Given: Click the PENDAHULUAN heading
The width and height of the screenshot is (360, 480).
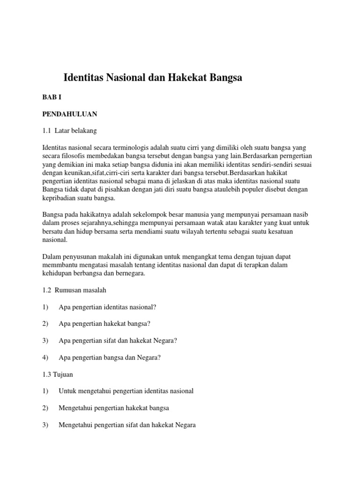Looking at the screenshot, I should [x=69, y=113].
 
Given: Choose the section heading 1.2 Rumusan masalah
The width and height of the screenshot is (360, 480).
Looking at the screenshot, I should [x=75, y=290].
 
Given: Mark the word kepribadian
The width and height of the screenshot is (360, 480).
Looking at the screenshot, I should [x=61, y=198].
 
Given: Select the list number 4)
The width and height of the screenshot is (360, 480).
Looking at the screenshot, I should [x=45, y=358].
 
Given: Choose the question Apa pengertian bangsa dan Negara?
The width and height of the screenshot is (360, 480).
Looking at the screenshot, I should [x=110, y=358].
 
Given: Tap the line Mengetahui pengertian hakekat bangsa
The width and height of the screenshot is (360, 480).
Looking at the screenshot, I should [x=113, y=408].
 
